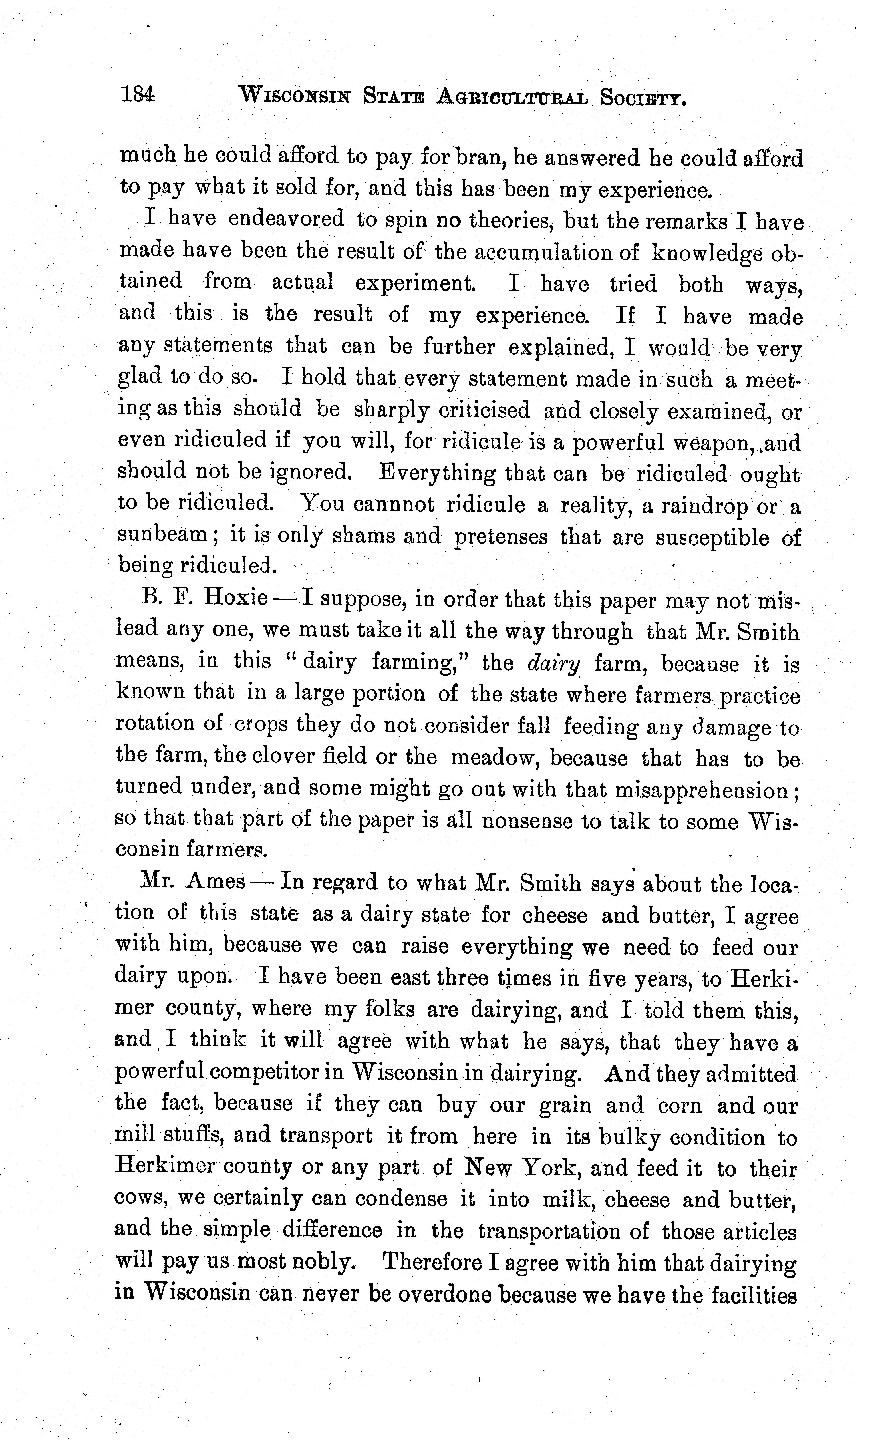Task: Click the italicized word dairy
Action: click(553, 663)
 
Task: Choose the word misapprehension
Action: click(701, 791)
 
